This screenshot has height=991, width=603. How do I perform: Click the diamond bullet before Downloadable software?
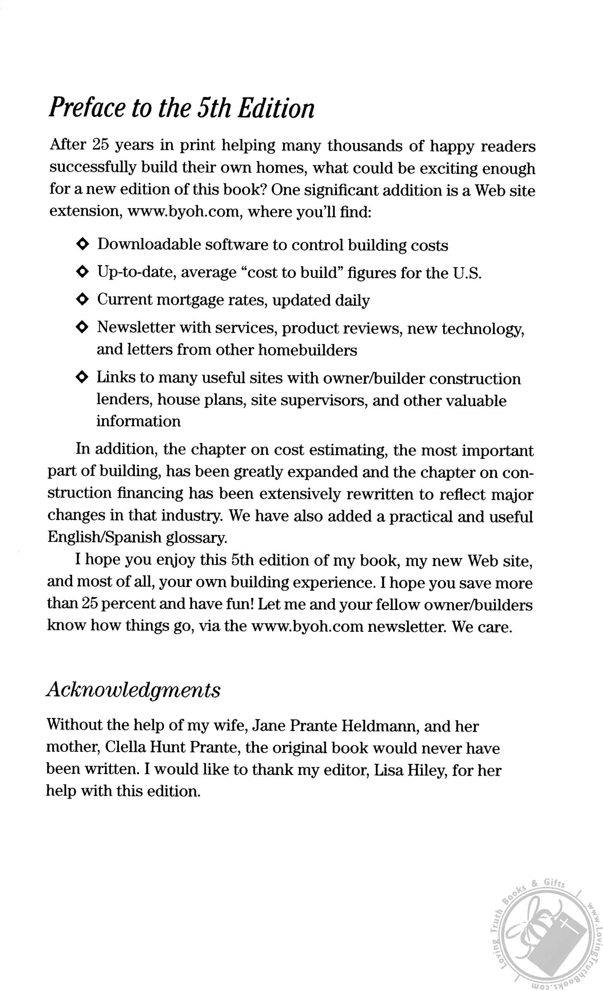pyautogui.click(x=82, y=244)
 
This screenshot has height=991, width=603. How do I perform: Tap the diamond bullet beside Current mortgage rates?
pyautogui.click(x=82, y=300)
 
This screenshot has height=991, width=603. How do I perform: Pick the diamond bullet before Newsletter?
pyautogui.click(x=82, y=327)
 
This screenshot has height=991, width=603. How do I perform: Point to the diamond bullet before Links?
pyautogui.click(x=82, y=377)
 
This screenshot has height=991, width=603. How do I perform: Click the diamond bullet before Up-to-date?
pyautogui.click(x=82, y=272)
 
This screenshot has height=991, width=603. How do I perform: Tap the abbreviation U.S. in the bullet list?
pyautogui.click(x=467, y=273)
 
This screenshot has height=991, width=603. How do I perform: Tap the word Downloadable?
pyautogui.click(x=149, y=244)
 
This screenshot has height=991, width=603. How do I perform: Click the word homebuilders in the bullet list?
pyautogui.click(x=308, y=350)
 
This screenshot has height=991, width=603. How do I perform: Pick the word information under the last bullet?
pyautogui.click(x=138, y=421)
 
